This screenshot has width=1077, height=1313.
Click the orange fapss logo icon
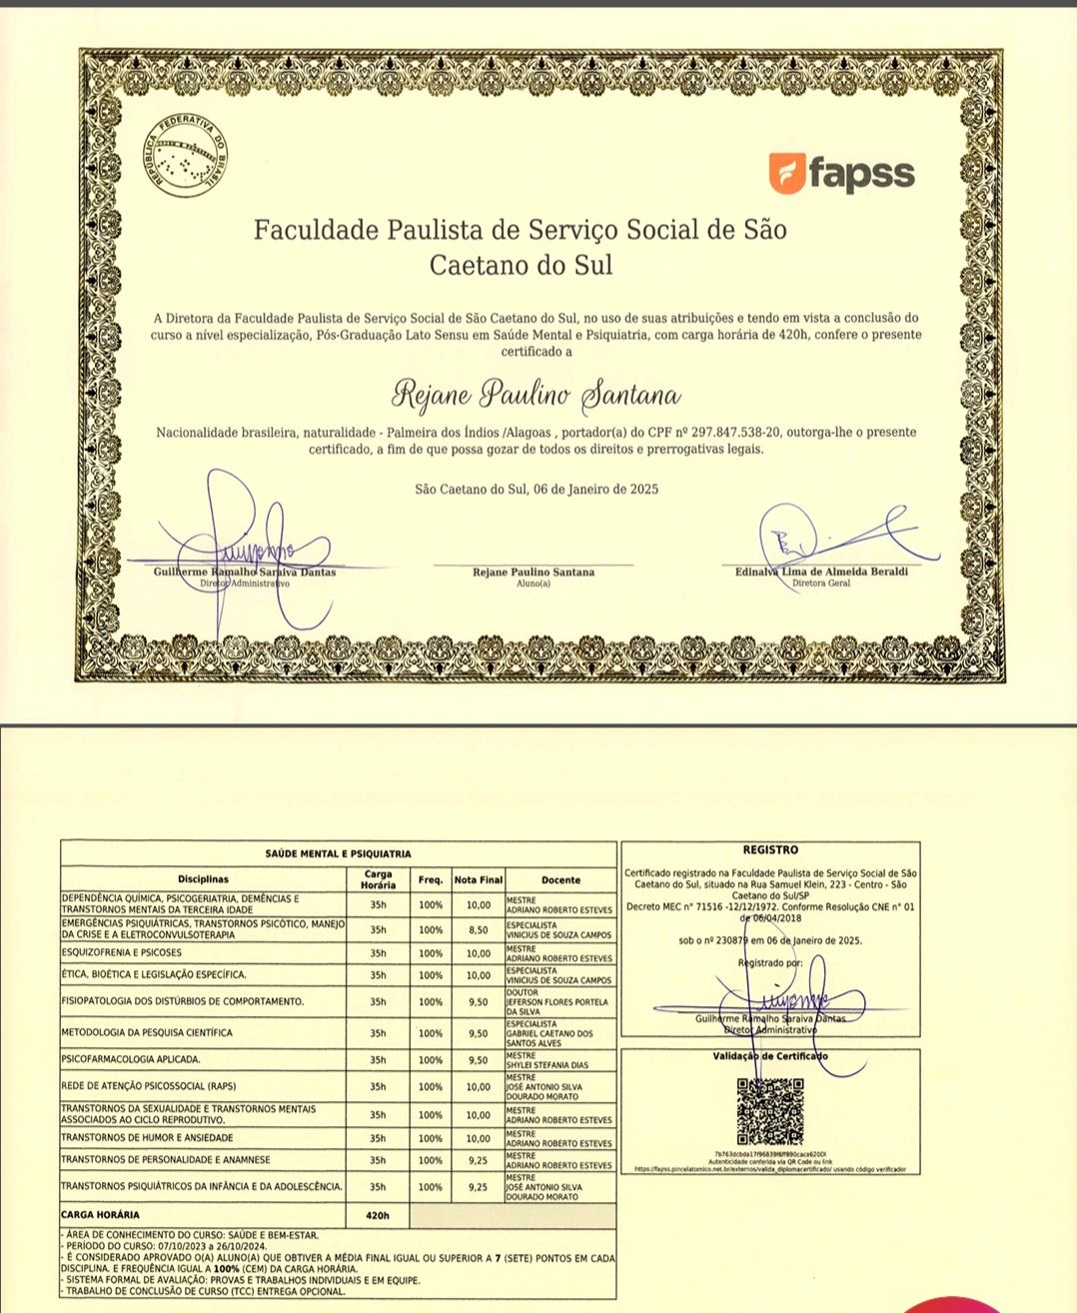click(787, 173)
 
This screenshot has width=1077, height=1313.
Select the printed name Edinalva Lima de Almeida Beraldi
click(821, 572)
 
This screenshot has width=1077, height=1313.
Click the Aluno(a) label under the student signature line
click(533, 584)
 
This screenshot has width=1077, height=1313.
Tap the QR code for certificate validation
click(769, 1111)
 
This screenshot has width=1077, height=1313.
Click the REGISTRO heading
click(770, 850)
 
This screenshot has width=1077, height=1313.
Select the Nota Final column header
click(479, 880)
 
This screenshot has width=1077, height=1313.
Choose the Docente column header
click(560, 880)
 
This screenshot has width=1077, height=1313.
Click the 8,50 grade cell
click(479, 930)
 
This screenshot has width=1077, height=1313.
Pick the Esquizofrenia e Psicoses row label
click(122, 953)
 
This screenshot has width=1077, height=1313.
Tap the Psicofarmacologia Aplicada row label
click(131, 1059)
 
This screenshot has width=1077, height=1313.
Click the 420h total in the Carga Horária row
click(378, 1216)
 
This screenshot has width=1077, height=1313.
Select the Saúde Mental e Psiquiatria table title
click(338, 854)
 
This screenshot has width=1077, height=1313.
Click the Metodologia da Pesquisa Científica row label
click(147, 1032)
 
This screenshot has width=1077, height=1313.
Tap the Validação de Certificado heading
click(770, 1056)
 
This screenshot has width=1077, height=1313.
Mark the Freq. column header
click(431, 880)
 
